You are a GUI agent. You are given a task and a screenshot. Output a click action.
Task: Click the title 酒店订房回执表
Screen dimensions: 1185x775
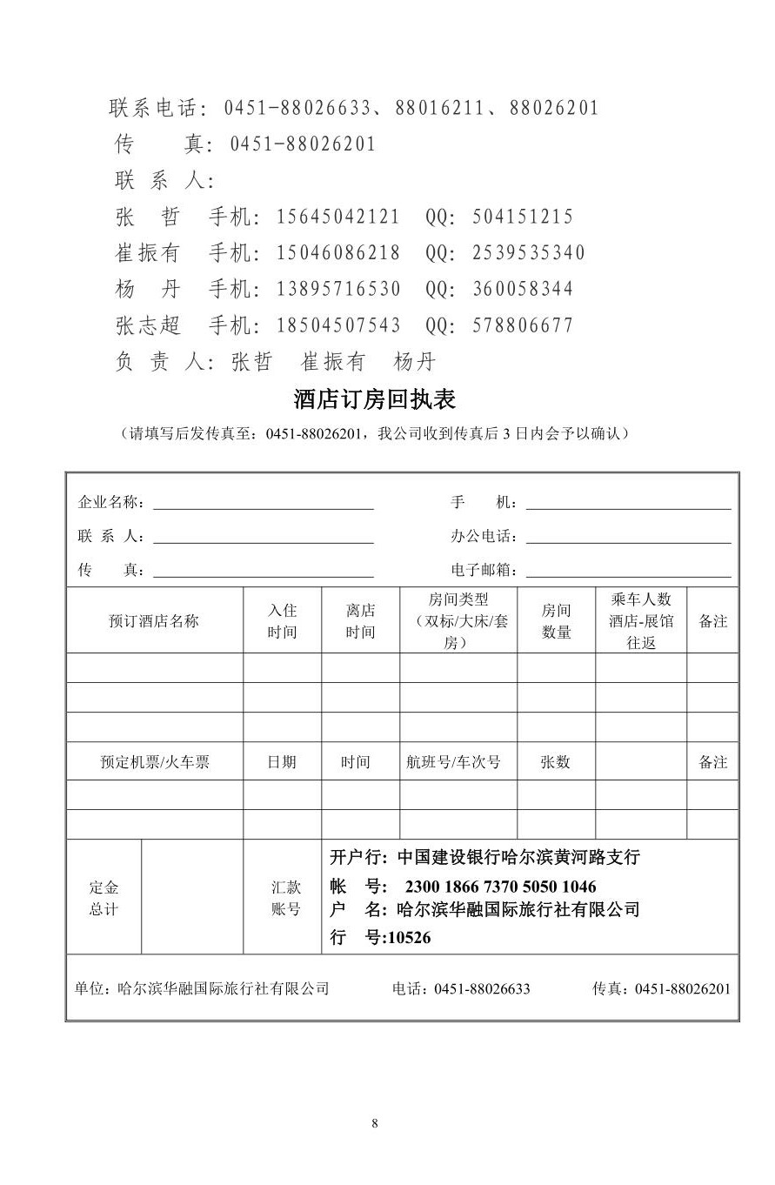[x=375, y=399]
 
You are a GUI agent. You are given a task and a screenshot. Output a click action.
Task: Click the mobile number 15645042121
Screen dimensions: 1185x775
[x=338, y=217]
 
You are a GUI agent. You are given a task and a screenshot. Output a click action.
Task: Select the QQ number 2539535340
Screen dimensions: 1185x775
[x=529, y=253]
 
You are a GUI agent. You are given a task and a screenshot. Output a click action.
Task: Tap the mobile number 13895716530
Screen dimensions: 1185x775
[x=338, y=289]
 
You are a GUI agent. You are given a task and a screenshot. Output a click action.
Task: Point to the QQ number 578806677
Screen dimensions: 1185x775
[x=523, y=325]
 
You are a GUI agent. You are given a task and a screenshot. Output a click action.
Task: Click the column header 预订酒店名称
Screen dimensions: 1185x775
[x=154, y=621]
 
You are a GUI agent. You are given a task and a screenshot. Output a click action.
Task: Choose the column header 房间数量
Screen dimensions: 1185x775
[x=556, y=621]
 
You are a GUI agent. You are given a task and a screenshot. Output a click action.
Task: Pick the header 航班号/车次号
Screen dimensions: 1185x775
[x=454, y=762]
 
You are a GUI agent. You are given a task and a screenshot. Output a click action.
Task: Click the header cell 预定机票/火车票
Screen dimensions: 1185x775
[x=155, y=762]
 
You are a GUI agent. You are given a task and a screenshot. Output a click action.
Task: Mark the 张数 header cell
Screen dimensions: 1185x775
[x=555, y=762]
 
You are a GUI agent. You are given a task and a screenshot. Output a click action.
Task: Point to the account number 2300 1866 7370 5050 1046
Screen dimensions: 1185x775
[x=500, y=887]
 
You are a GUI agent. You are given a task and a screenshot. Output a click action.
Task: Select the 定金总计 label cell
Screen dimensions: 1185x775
[x=104, y=898]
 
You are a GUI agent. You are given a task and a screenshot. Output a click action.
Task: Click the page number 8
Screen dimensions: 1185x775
[x=375, y=1122]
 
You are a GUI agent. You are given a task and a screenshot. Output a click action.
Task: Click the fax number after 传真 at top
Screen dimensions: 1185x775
[x=303, y=144]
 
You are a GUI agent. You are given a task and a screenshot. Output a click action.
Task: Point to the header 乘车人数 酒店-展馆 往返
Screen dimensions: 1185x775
[x=641, y=621]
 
